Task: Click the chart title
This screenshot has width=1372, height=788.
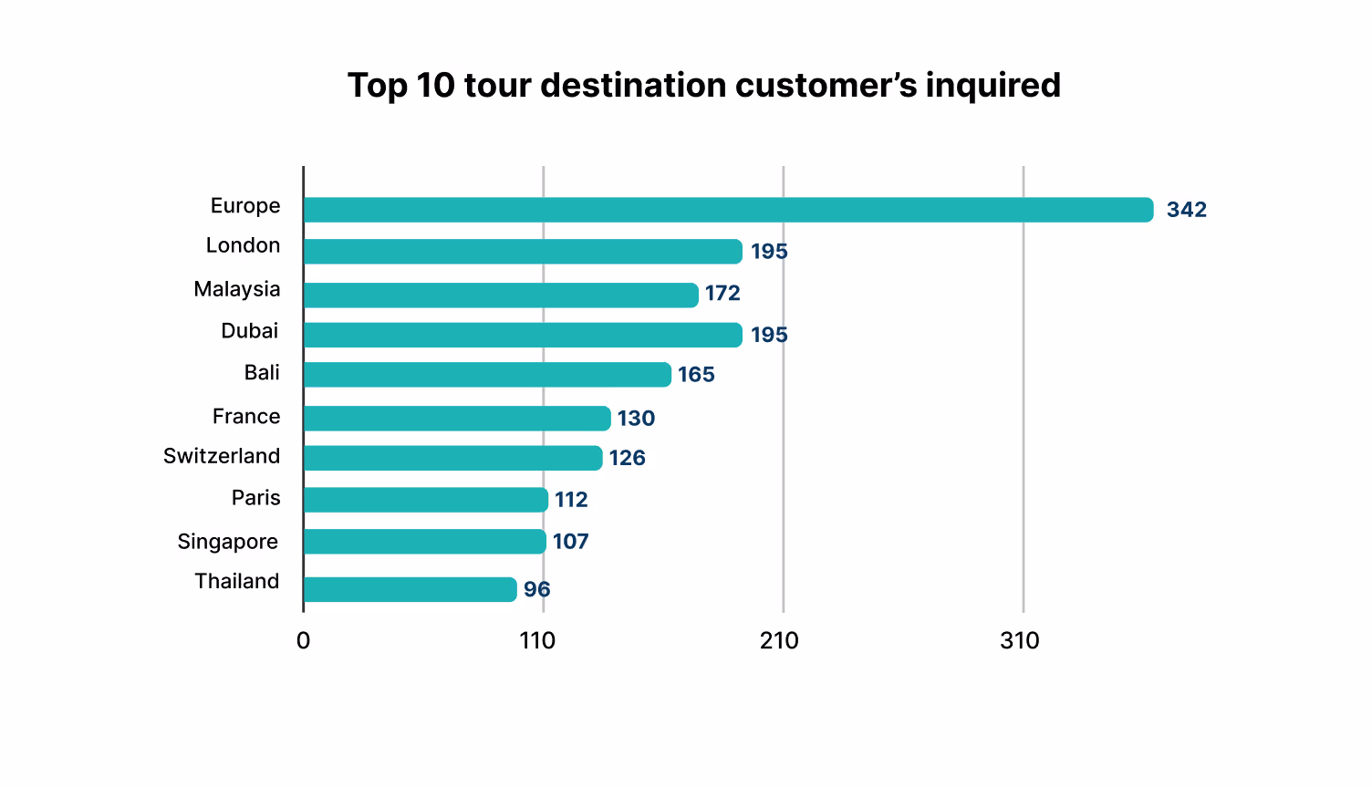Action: coord(703,85)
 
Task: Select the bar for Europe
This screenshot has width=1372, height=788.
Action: coord(728,210)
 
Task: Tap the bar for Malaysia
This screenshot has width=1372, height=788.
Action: coord(501,295)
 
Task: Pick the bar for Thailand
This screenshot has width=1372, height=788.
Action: coord(411,589)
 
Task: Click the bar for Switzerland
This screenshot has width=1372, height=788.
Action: coord(453,457)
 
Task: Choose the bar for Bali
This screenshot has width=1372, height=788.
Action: coord(487,374)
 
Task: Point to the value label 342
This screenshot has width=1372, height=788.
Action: coord(1187,210)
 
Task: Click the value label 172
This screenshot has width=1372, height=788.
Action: coord(722,294)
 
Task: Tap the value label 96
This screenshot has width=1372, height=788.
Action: coord(537,589)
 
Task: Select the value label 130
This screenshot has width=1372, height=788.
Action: coord(636,419)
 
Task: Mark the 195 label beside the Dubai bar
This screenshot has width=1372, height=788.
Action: coord(769,335)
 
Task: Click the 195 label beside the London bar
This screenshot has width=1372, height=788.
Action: coord(769,251)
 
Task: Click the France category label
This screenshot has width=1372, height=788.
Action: coord(246,417)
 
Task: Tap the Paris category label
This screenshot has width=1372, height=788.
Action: coord(256,498)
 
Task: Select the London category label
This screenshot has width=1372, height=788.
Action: coord(244,245)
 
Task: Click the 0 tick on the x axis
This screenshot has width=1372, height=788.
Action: coord(303,640)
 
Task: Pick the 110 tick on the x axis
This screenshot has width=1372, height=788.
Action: coord(537,640)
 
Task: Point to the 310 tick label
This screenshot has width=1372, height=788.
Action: coord(1020,640)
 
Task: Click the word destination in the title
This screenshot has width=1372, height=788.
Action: coord(633,85)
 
